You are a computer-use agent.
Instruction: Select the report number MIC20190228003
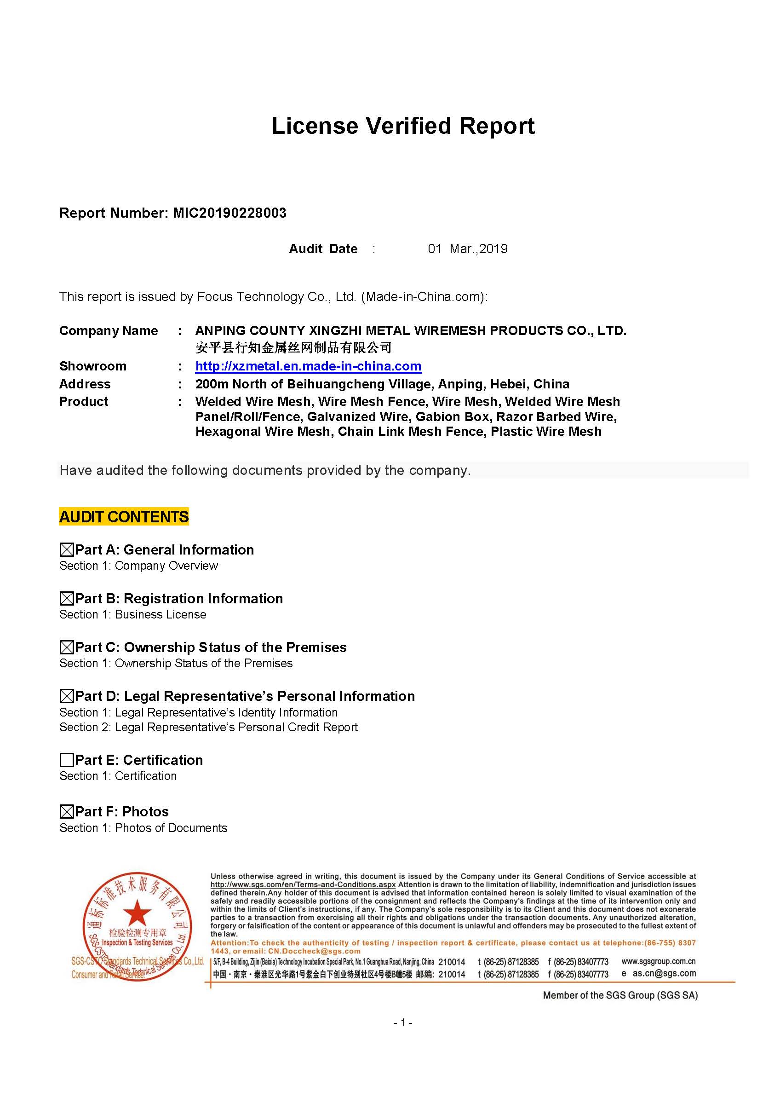click(x=229, y=213)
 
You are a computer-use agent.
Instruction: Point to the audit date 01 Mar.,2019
click(x=467, y=249)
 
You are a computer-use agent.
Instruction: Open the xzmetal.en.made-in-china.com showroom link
click(x=308, y=366)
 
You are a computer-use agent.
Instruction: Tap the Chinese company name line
click(x=293, y=347)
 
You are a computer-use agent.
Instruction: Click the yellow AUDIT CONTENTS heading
click(x=124, y=517)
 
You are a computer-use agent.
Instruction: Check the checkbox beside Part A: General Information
click(x=66, y=550)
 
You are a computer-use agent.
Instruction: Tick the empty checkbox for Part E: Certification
click(x=66, y=760)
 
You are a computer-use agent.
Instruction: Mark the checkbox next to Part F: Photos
click(x=66, y=812)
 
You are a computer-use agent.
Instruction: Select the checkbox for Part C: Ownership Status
click(x=66, y=647)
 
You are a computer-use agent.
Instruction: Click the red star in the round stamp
click(x=137, y=912)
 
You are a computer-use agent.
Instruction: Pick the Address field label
click(x=85, y=384)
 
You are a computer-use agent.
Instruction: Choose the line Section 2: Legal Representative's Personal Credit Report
click(x=208, y=727)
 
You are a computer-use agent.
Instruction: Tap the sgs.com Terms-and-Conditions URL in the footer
click(x=303, y=884)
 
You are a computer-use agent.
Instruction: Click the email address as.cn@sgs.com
click(x=664, y=973)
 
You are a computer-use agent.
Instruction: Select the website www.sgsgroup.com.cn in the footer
click(x=658, y=961)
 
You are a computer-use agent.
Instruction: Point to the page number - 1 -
click(x=402, y=1023)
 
